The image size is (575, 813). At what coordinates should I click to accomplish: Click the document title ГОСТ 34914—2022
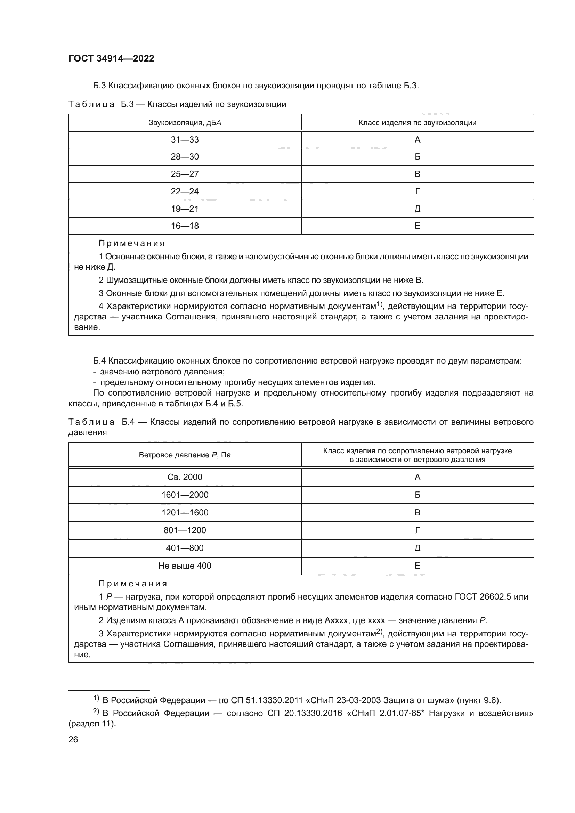(111, 58)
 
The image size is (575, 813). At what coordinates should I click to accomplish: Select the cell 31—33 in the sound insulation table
(185, 139)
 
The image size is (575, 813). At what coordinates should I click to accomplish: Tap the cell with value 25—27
(185, 174)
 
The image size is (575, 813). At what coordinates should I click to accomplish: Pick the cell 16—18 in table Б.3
(185, 226)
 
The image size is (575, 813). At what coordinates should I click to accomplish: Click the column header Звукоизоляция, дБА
(185, 122)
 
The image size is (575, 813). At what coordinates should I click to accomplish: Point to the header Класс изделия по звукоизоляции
(417, 122)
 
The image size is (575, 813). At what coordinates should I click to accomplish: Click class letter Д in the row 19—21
(417, 209)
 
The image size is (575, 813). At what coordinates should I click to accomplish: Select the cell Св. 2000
(185, 477)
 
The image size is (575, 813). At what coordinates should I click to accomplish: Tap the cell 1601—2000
(185, 495)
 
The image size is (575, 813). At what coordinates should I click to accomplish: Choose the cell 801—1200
(185, 530)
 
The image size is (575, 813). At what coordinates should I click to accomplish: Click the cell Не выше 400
(185, 566)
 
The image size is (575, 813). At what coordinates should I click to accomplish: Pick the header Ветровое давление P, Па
(185, 455)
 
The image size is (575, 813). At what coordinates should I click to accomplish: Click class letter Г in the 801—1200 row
(417, 530)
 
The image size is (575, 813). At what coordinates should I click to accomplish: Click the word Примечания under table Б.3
(132, 243)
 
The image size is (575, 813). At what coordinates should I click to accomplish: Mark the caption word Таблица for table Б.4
(91, 422)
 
